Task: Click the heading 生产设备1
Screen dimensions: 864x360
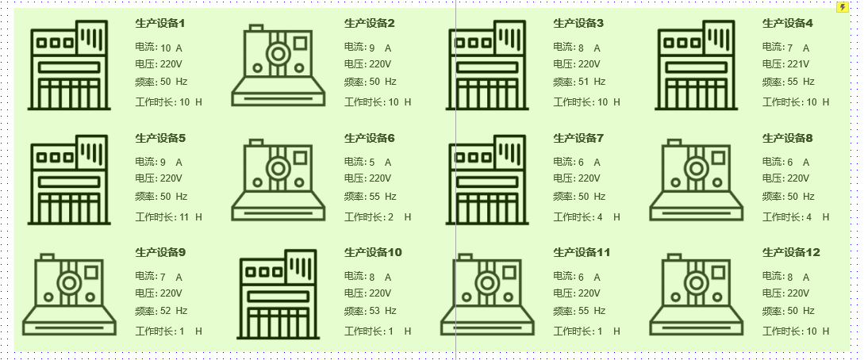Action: coord(160,23)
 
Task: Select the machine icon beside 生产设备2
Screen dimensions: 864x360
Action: coord(278,66)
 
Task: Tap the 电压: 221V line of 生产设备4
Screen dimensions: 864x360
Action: coord(785,64)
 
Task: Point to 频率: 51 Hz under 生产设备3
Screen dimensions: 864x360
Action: coord(579,82)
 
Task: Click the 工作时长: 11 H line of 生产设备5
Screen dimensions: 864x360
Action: coord(169,217)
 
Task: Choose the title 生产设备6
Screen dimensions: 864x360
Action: coord(369,138)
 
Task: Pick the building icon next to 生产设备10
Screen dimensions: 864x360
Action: coord(278,294)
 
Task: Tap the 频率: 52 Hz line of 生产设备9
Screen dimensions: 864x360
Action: coord(161,311)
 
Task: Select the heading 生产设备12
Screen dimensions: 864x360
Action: coord(791,253)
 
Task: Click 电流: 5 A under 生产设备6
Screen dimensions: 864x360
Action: coord(367,162)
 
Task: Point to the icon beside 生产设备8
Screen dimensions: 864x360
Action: coord(697,180)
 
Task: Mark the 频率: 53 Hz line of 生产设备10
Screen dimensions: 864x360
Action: coord(371,311)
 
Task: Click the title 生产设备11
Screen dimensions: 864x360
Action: coord(582,253)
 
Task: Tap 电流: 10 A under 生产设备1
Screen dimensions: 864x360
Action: coord(159,48)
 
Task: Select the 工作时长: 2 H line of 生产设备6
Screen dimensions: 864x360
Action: coord(378,217)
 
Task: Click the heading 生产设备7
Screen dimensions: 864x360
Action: coord(578,138)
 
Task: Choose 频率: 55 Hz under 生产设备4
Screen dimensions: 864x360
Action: coord(788,82)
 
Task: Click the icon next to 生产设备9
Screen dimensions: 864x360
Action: coord(70,294)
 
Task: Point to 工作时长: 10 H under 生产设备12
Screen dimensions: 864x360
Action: coord(796,331)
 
